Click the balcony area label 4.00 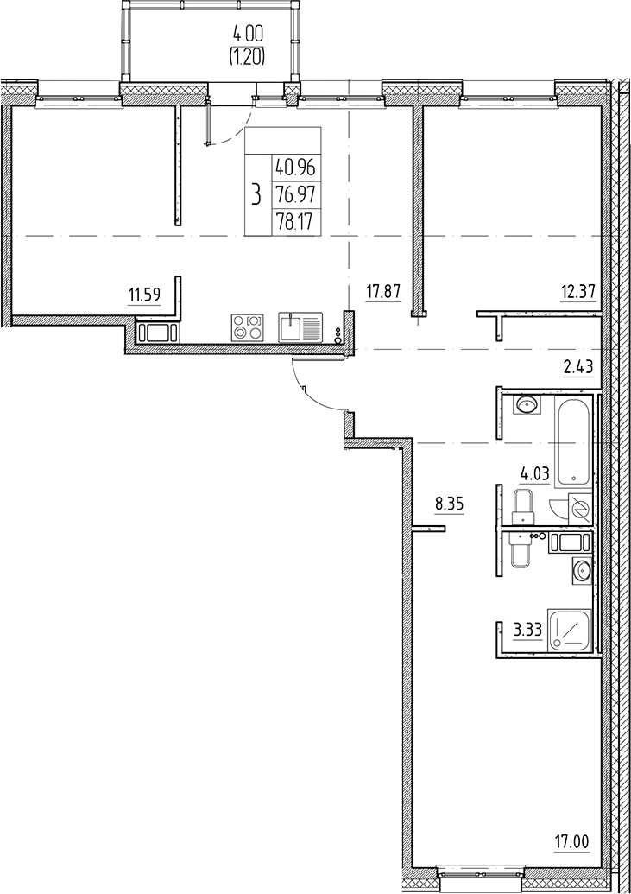click(x=248, y=37)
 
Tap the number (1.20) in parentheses click(x=248, y=57)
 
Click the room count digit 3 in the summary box click(x=256, y=193)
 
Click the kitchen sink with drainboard click(x=300, y=328)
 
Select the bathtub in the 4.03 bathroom click(x=574, y=441)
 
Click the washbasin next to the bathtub click(x=527, y=403)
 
